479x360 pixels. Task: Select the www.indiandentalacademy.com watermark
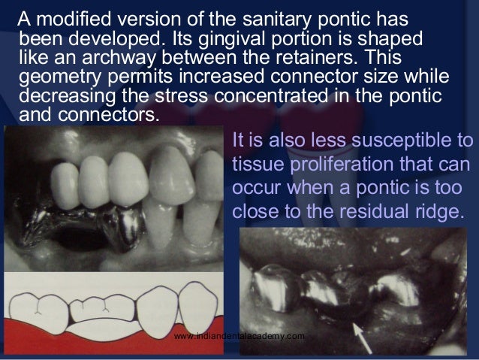click(239, 336)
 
